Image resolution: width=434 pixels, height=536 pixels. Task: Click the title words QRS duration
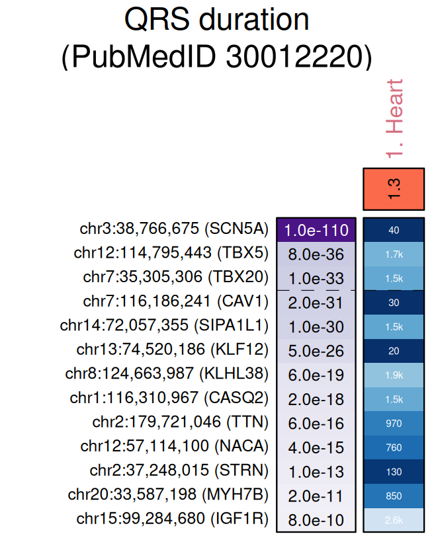coord(216,20)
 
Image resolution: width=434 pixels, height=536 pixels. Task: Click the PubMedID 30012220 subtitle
coord(216,57)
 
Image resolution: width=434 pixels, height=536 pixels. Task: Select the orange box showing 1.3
coord(394,189)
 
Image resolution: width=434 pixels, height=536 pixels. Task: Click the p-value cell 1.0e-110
coord(316,230)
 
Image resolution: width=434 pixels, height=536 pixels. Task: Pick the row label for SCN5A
coord(174,229)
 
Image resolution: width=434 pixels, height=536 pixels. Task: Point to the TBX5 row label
coord(171,252)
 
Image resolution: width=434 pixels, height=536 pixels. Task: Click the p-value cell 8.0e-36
coord(316,254)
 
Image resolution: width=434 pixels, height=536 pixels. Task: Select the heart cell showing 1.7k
coord(394,254)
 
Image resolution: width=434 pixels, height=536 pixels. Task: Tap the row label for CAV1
coord(176,301)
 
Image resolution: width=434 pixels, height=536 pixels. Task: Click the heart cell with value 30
coord(394,303)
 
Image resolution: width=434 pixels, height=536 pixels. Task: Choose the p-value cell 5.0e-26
coord(316,350)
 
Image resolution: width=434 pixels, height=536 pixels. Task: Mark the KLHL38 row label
coord(167,374)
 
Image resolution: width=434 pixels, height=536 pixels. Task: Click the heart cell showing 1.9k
coord(394,375)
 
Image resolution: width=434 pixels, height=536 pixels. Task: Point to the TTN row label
coord(181,422)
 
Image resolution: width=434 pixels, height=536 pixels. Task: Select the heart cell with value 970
coord(394,423)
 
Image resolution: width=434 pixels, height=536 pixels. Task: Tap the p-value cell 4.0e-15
coord(316,447)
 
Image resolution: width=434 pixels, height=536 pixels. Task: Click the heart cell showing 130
coord(394,472)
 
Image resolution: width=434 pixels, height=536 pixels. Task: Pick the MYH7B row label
coord(168,495)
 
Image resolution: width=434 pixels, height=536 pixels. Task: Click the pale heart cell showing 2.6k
coord(394,519)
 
